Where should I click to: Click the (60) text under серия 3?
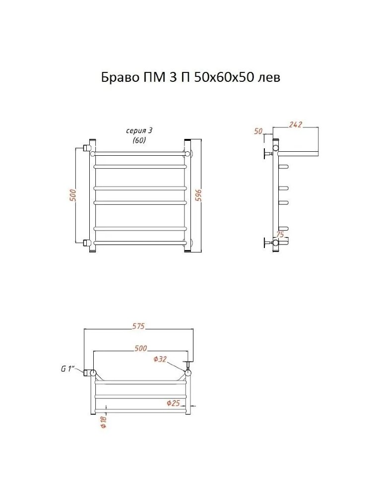pyautogui.click(x=139, y=140)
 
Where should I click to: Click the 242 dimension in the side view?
pyautogui.click(x=296, y=124)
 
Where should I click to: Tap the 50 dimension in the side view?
pyautogui.click(x=259, y=131)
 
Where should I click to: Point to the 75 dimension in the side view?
pyautogui.click(x=280, y=235)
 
